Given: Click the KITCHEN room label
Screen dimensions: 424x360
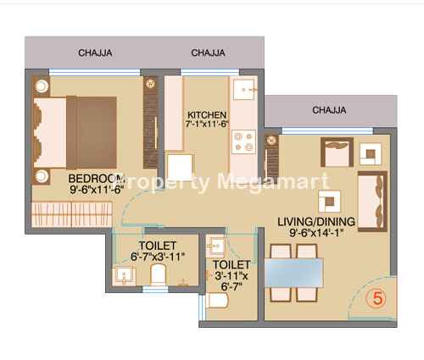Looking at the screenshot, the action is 207,115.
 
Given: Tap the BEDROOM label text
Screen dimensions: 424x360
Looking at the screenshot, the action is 97,179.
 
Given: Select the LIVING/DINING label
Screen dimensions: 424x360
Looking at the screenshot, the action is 316,222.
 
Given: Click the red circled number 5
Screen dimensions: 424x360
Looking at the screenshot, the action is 377,298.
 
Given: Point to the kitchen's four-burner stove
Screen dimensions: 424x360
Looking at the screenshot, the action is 243,141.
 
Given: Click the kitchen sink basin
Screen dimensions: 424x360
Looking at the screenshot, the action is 244,90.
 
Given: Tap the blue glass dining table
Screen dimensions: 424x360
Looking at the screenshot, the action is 293,273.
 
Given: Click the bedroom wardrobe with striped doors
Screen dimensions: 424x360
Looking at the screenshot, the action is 71,214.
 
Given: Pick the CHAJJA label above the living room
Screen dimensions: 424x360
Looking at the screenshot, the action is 329,110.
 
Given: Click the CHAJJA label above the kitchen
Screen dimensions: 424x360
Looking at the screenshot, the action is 208,53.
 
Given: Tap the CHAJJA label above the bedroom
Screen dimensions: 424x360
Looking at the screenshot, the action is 95,53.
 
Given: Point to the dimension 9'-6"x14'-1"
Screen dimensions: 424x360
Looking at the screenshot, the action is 316,233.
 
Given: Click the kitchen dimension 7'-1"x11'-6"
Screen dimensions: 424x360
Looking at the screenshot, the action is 207,124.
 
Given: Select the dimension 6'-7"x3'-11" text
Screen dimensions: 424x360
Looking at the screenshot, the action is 158,257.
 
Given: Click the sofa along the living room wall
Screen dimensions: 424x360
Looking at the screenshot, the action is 372,201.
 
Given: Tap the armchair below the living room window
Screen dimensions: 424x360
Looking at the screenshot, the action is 337,152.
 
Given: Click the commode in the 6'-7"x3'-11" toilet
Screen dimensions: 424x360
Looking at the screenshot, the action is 158,274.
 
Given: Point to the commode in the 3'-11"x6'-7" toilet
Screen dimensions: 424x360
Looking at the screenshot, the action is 217,301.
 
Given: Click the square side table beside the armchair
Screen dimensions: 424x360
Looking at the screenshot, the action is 371,154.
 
